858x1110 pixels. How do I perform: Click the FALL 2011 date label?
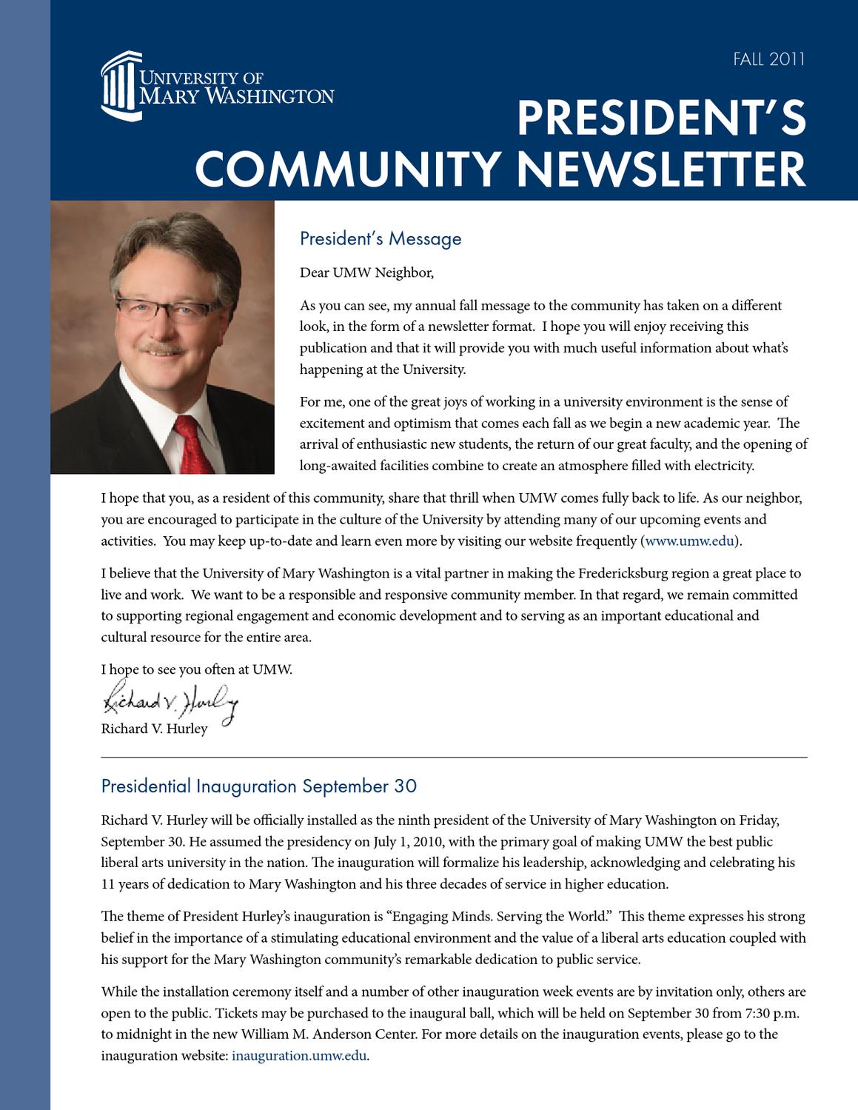tap(768, 59)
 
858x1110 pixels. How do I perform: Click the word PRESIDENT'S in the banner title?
tap(661, 118)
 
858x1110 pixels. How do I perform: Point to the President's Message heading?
tap(381, 238)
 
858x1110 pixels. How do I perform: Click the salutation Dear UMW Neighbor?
tap(366, 273)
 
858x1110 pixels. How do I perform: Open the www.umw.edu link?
tap(689, 541)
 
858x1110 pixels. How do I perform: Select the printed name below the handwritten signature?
tap(154, 729)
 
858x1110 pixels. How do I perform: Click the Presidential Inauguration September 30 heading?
tap(258, 786)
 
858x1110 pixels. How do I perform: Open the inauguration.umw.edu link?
tap(299, 1056)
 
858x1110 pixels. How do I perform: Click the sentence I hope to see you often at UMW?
tap(197, 669)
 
